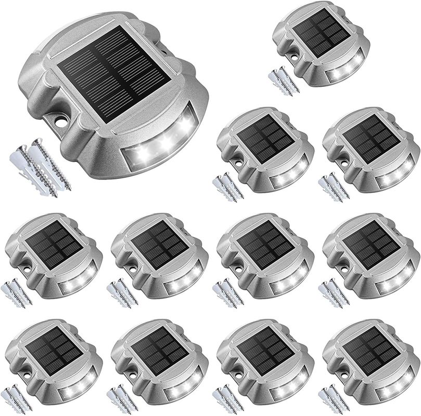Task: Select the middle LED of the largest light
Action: coord(165,139)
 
